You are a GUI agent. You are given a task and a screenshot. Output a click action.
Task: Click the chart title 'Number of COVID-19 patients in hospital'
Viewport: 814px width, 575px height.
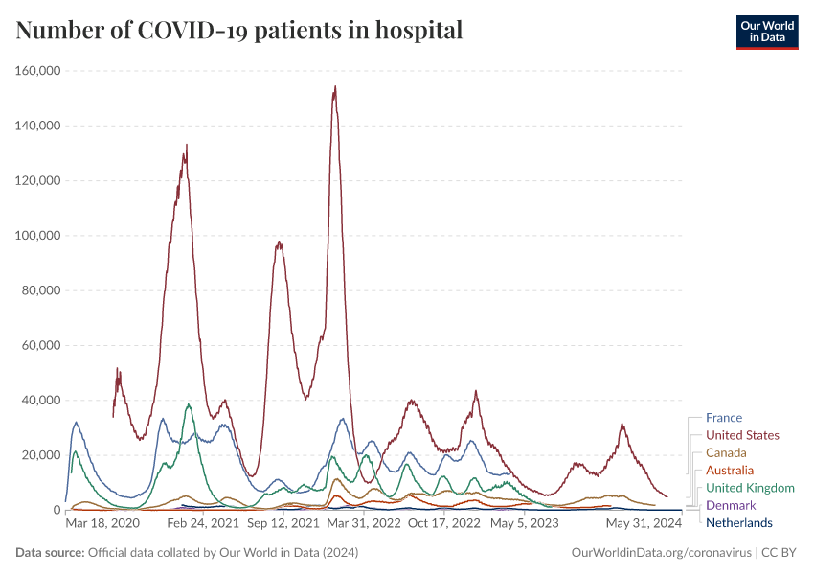pyautogui.click(x=239, y=31)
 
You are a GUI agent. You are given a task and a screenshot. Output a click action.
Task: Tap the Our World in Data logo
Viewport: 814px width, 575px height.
pyautogui.click(x=766, y=32)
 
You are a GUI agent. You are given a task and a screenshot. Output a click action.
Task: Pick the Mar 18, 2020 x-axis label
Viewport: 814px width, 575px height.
pyautogui.click(x=102, y=524)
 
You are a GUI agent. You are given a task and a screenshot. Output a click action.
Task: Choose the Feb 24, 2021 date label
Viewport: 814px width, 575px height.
pyautogui.click(x=202, y=524)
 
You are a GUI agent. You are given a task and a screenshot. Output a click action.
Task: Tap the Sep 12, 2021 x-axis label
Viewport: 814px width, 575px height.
pyautogui.click(x=283, y=524)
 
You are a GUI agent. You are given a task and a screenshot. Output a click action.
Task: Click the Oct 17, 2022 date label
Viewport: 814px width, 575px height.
pyautogui.click(x=444, y=524)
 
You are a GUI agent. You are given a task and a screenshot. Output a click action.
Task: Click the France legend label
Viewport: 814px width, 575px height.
pyautogui.click(x=724, y=418)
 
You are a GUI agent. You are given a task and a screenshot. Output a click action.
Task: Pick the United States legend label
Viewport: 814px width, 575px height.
pyautogui.click(x=742, y=435)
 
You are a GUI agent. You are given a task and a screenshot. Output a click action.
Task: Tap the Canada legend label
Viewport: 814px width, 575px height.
pyautogui.click(x=726, y=452)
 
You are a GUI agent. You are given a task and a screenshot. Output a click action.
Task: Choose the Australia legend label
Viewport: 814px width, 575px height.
pyautogui.click(x=730, y=471)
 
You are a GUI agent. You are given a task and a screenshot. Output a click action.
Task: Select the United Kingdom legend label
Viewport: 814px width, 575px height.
pyautogui.click(x=750, y=488)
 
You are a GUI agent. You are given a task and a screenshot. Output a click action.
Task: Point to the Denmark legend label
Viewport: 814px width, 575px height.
pyautogui.click(x=731, y=505)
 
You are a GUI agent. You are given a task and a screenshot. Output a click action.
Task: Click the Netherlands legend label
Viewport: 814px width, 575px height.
pyautogui.click(x=738, y=522)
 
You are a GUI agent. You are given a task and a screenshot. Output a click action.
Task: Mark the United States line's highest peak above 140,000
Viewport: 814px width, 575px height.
pyautogui.click(x=334, y=87)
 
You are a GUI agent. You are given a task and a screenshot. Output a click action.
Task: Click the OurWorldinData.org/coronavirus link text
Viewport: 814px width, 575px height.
pyautogui.click(x=660, y=553)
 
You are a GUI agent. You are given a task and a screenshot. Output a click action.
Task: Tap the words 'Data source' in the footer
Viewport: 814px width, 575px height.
pyautogui.click(x=50, y=553)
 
